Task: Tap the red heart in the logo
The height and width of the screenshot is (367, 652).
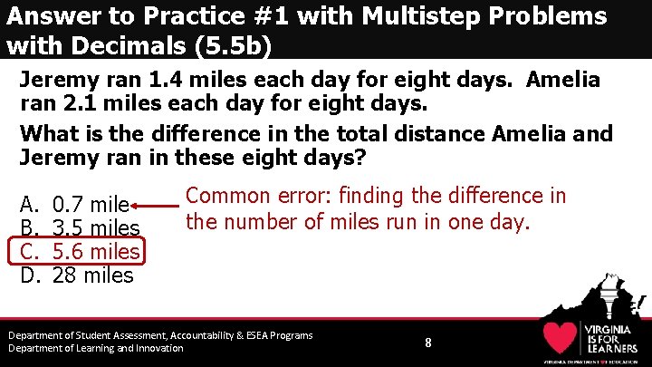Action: (561, 338)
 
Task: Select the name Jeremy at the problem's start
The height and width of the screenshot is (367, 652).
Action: (60, 80)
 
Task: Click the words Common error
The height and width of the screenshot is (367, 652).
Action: (240, 196)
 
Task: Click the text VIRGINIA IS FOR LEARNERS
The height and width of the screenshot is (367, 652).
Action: (613, 337)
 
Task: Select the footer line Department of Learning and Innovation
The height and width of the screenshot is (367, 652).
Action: (96, 348)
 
